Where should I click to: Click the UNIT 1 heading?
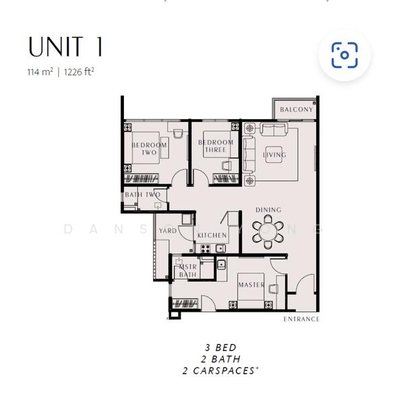(x=65, y=46)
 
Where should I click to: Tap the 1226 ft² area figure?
(x=79, y=72)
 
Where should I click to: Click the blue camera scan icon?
(x=344, y=55)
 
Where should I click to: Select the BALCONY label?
(x=297, y=110)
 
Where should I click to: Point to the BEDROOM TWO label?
(x=149, y=149)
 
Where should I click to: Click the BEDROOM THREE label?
(x=216, y=146)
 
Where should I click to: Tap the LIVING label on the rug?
(x=274, y=155)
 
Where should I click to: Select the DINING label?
(x=268, y=210)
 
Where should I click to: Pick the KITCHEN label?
(x=212, y=235)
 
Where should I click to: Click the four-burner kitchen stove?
(x=206, y=248)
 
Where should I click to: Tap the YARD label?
(x=168, y=230)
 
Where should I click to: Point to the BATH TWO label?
(x=143, y=195)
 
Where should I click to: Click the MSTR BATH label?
(x=188, y=271)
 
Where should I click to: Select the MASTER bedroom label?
(x=251, y=285)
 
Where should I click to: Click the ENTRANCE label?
(x=301, y=319)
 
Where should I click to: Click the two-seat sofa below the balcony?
(x=274, y=129)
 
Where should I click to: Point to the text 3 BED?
(x=220, y=347)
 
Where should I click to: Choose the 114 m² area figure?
(x=40, y=72)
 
